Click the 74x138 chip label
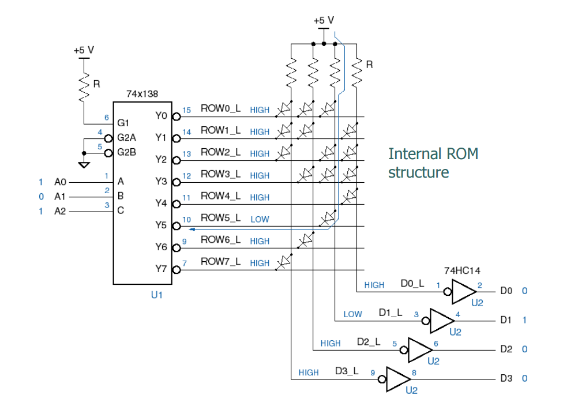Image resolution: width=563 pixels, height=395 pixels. coord(142,93)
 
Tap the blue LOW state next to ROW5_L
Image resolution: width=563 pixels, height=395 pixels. coord(260,220)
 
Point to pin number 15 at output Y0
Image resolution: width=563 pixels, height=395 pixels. coord(186,110)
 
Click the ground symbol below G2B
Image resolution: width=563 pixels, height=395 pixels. coord(84,165)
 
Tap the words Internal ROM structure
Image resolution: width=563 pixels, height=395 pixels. coord(433,163)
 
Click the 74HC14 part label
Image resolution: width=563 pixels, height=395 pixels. coord(461,270)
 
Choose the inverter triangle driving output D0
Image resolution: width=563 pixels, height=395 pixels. coord(462,292)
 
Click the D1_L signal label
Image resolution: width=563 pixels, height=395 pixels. coord(391,312)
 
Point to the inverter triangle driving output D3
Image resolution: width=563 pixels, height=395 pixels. coord(397,379)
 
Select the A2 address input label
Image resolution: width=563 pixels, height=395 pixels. coord(61,212)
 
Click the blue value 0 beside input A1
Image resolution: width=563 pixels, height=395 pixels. coord(40,197)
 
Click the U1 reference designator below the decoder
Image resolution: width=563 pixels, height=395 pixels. coord(157,294)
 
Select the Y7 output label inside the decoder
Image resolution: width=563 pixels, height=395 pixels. coord(161,269)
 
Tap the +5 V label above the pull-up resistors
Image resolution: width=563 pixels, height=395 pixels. coord(324,20)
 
